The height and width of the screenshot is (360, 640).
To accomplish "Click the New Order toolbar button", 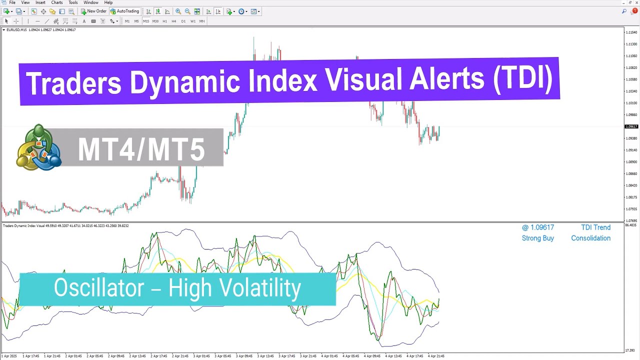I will [x=93, y=11].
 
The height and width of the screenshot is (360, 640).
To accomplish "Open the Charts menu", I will [x=57, y=2].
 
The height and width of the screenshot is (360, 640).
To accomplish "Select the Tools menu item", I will [x=73, y=2].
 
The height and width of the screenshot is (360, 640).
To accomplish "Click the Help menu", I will [x=108, y=2].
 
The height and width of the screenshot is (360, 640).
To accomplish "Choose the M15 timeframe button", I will [x=145, y=21].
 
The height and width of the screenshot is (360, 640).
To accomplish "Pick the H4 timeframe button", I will [x=174, y=21].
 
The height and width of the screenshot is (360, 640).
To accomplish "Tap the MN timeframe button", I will [x=202, y=21].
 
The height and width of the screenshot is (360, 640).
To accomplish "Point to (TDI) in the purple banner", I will [x=522, y=80].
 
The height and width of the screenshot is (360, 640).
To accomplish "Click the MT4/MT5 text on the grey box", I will [x=141, y=149].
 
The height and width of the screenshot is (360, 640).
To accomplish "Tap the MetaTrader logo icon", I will [x=38, y=147].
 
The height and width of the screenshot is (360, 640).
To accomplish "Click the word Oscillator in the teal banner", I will [x=98, y=288].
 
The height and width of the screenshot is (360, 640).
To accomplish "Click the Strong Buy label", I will [x=537, y=238].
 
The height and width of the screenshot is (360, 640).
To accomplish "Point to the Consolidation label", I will [x=590, y=238].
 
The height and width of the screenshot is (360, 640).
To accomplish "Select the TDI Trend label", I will [x=595, y=227].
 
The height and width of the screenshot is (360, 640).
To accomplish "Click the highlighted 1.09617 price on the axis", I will [x=631, y=126].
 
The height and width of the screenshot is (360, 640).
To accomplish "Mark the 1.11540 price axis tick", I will [x=631, y=32].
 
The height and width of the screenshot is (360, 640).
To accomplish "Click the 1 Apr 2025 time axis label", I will [x=9, y=356].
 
